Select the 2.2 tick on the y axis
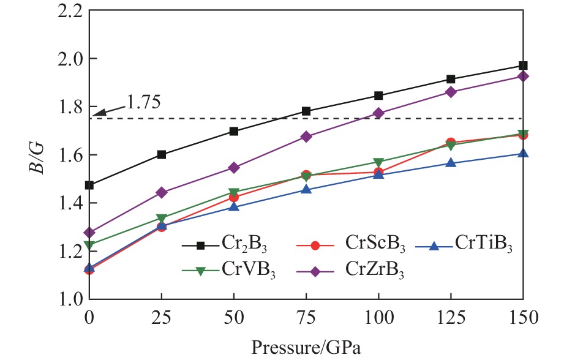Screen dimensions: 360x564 pos(72,10)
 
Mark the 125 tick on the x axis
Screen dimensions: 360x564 pos(451,319)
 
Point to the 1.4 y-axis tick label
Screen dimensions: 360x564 pos(72,203)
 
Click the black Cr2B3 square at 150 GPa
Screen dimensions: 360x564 pos(523,66)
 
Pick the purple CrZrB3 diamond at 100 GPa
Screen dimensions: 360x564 pos(378,113)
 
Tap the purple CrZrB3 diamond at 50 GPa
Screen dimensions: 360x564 pos(234,167)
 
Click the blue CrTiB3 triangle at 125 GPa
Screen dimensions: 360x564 pos(451,163)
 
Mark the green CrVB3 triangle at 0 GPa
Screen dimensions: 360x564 pos(89,245)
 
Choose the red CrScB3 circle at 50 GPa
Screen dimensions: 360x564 pos(234,197)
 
